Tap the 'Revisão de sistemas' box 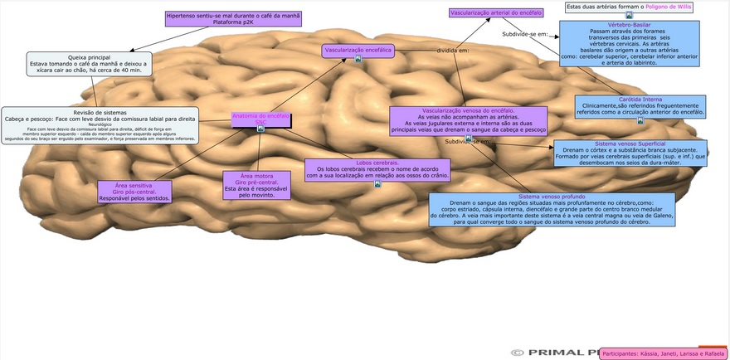[x=100, y=125]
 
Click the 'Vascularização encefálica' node [x=358, y=51]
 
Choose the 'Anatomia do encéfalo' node [x=260, y=119]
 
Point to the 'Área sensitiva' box [x=134, y=192]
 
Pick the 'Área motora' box [x=256, y=186]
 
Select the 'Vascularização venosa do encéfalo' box [x=468, y=120]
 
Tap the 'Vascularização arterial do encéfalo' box [x=496, y=13]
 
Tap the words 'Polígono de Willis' [x=681, y=7]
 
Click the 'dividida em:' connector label [x=453, y=51]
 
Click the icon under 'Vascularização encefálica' [x=358, y=59]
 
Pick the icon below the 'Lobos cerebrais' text [x=377, y=183]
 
